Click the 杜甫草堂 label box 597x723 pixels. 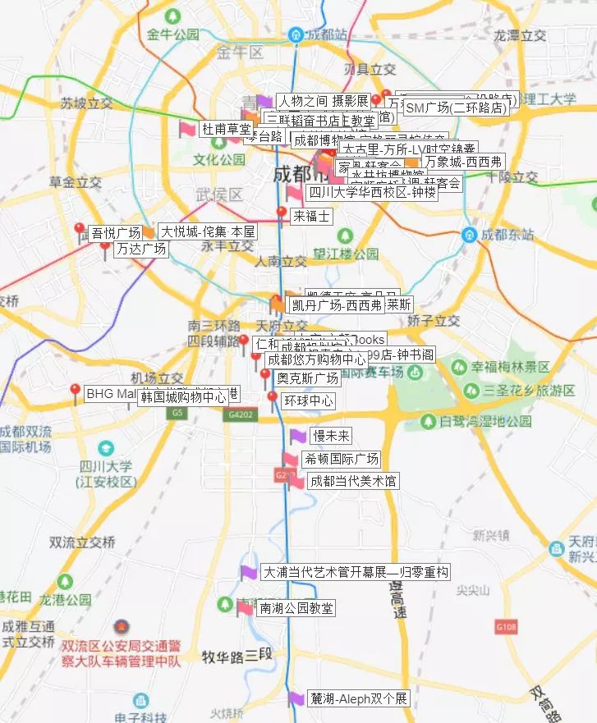point(227,129)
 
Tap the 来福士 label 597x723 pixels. point(311,217)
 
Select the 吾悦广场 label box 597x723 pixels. point(115,233)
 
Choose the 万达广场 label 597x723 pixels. point(140,249)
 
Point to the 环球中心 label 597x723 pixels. point(308,401)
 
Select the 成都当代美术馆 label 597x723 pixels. point(353,481)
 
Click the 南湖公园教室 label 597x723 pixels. point(296,608)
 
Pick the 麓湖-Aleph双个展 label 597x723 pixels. point(358,699)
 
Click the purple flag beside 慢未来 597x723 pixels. point(297,436)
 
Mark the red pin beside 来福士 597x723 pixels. point(282,214)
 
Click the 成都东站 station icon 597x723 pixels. point(469,235)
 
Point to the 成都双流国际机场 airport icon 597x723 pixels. point(106,448)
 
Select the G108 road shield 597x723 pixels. point(506,627)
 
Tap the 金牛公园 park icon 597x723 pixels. point(173,16)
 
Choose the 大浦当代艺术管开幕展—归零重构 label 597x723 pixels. point(356,572)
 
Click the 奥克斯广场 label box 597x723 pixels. point(308,378)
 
